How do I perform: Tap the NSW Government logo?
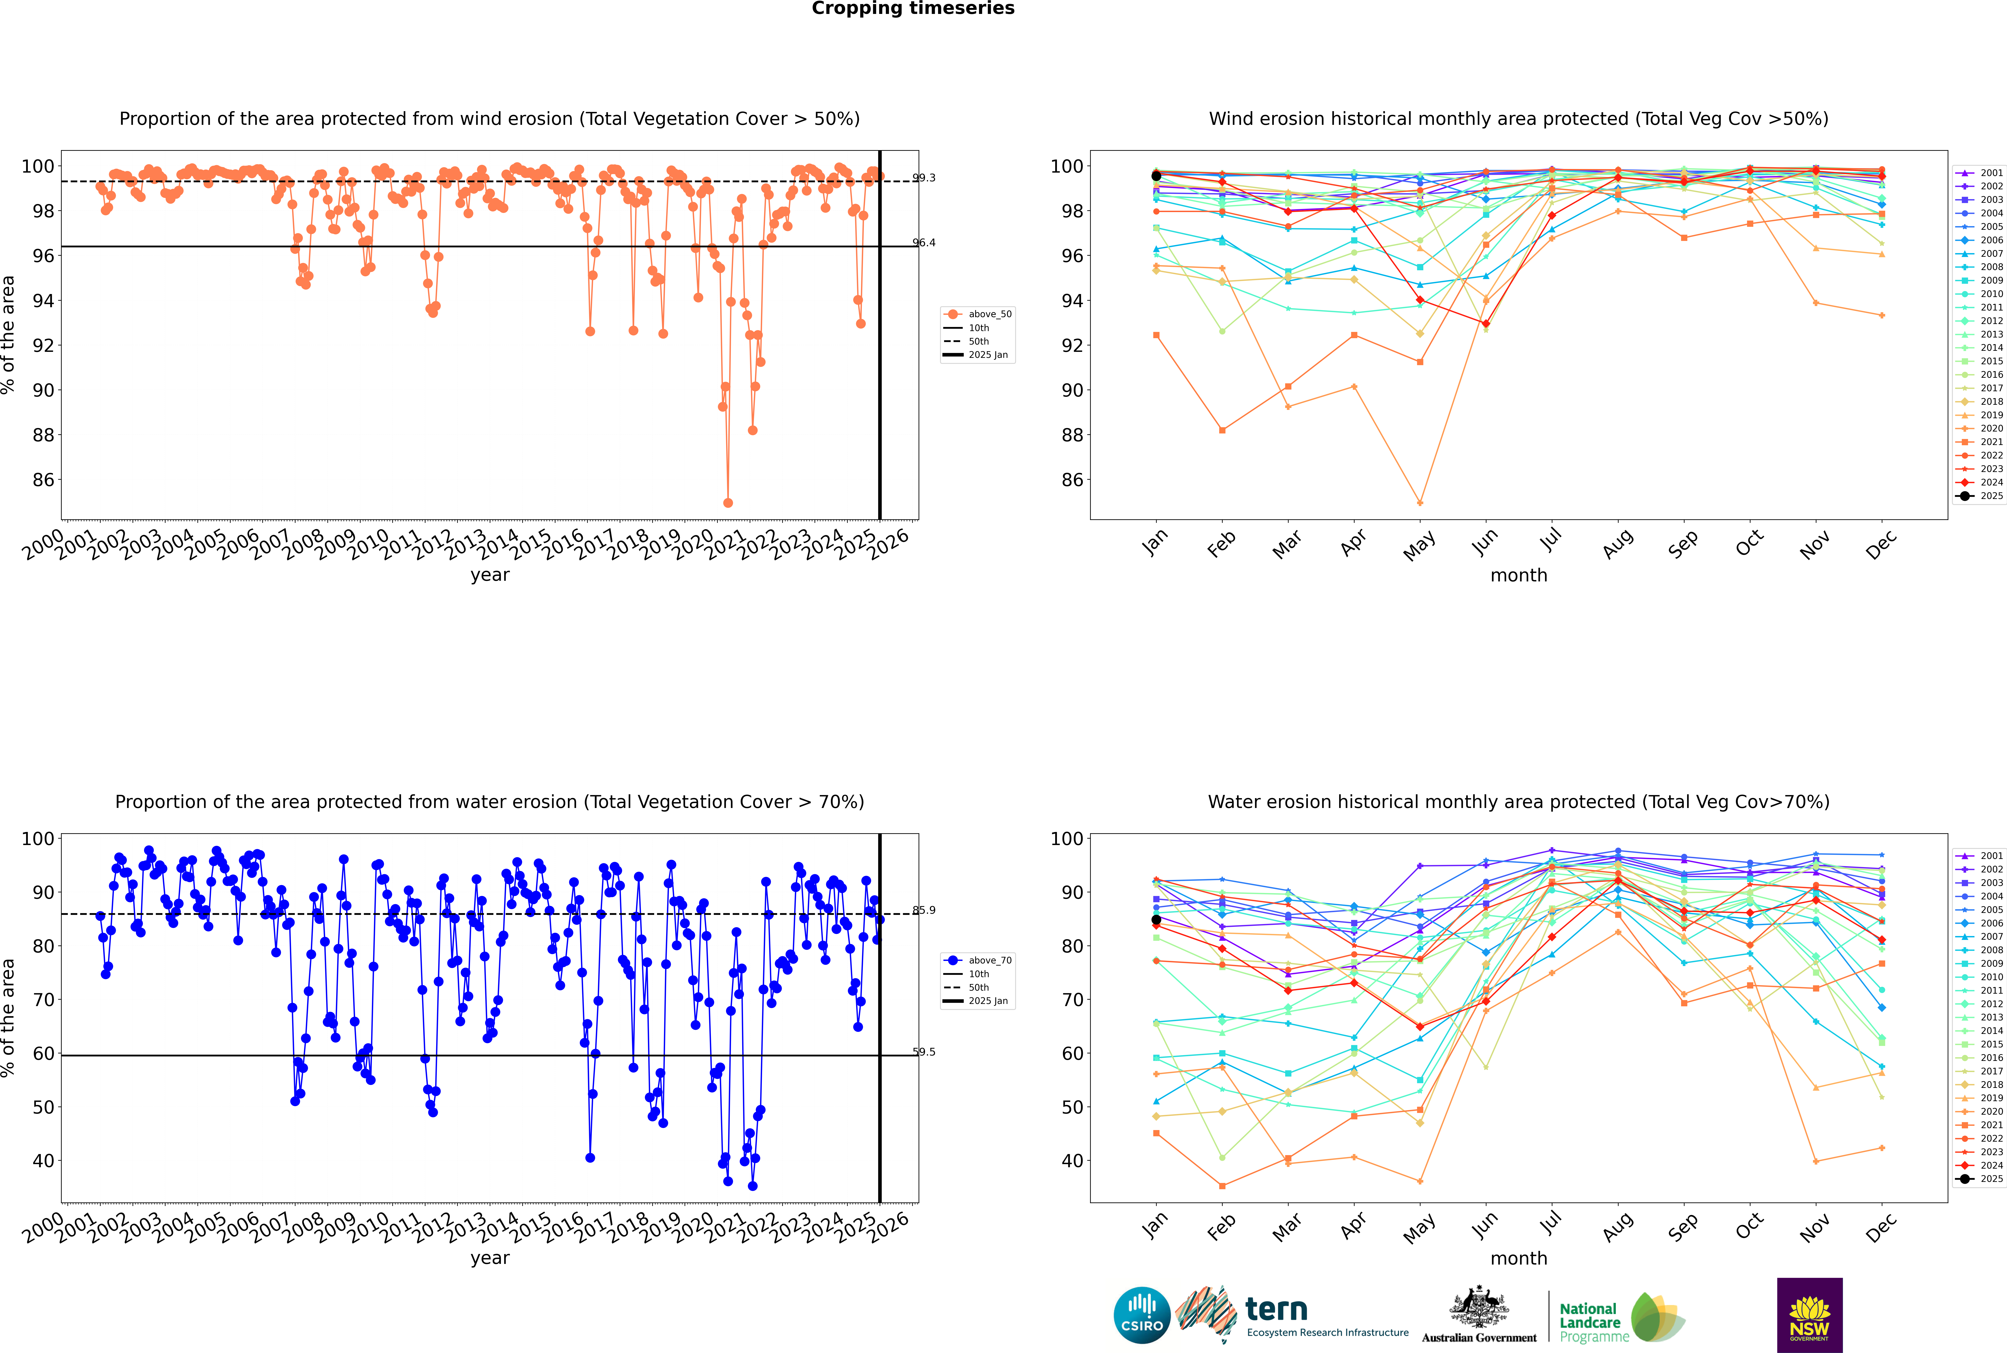(1809, 1314)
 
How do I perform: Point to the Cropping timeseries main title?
(913, 9)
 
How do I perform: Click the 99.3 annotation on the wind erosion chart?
(924, 178)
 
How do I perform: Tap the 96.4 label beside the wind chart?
(924, 242)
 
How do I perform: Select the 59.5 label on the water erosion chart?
(924, 1052)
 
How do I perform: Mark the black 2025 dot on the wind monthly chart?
(1156, 176)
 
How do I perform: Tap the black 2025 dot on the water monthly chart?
(1156, 920)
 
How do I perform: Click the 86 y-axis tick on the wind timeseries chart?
(43, 480)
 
